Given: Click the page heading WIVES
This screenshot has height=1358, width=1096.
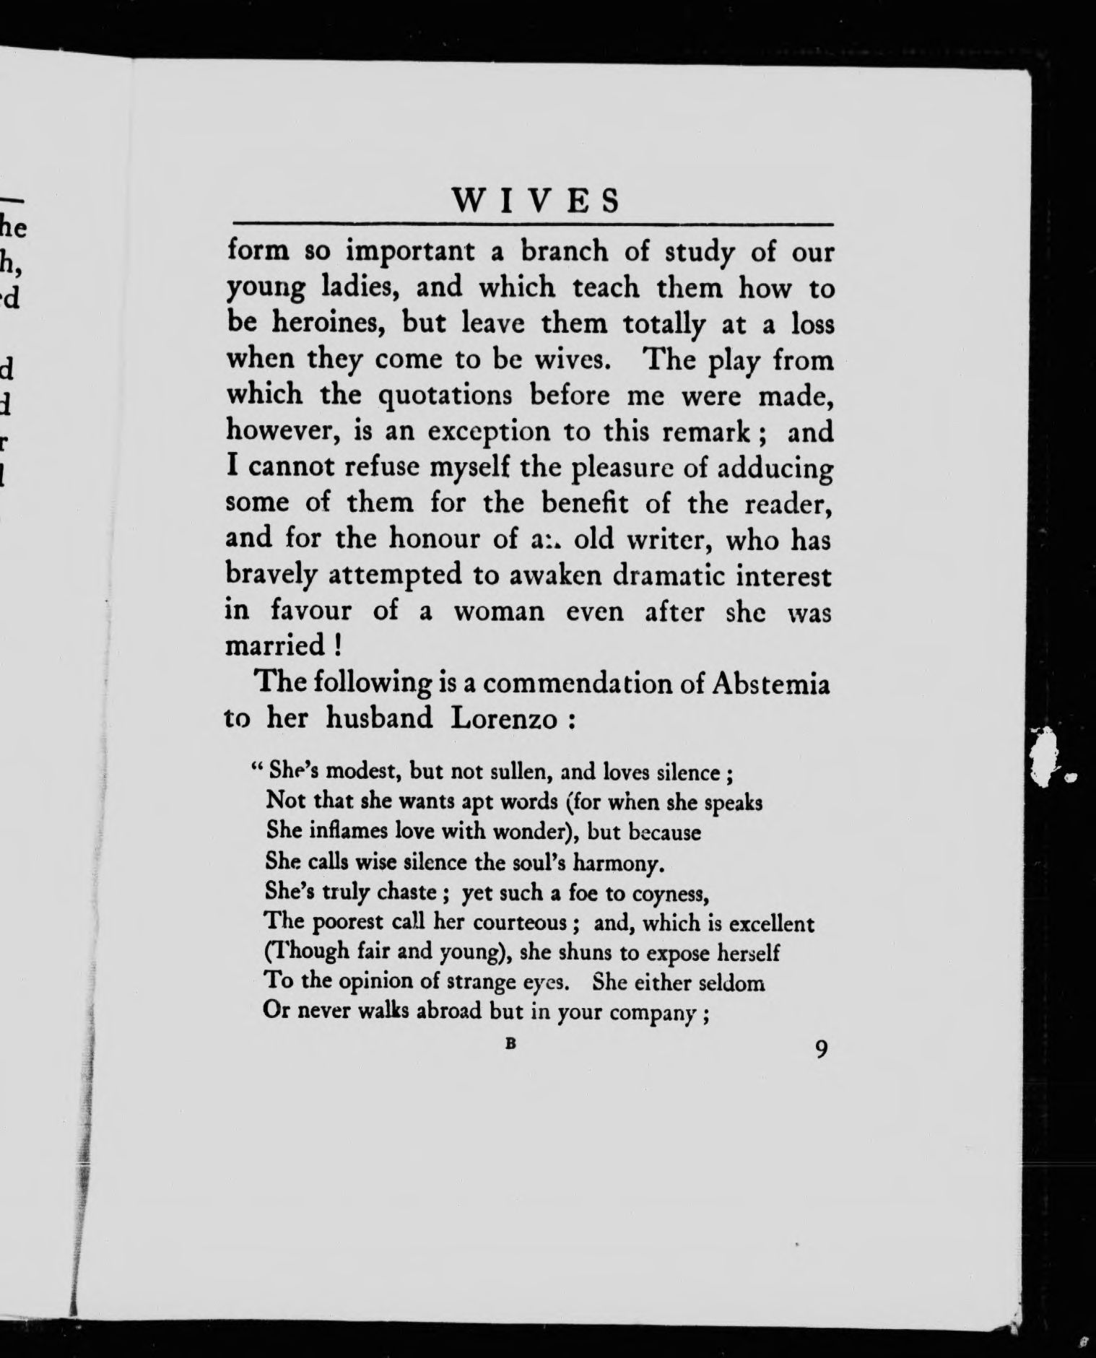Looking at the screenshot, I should [535, 201].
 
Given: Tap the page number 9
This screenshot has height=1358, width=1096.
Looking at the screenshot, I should [820, 1048].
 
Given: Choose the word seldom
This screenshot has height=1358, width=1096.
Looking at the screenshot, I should [731, 983].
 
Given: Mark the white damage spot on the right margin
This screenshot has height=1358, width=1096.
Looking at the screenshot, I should [1047, 758].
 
